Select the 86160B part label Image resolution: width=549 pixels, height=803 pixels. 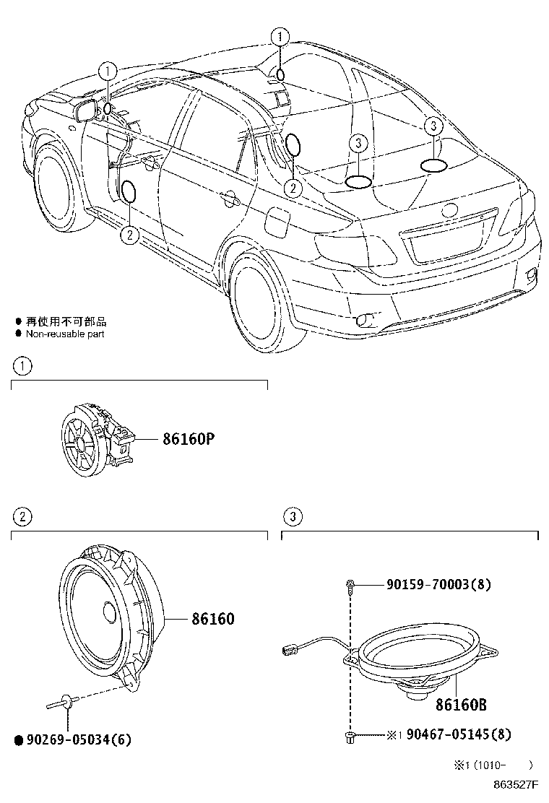[460, 704]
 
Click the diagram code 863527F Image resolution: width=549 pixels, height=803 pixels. [516, 783]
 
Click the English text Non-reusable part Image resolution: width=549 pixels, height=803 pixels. [65, 334]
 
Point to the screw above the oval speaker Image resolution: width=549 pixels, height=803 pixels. [350, 586]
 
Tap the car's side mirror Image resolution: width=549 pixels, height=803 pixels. [86, 110]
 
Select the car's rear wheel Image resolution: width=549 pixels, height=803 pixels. [258, 296]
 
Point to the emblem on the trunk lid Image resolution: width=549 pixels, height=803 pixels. [449, 210]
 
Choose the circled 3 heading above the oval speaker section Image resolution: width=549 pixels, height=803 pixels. [292, 516]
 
